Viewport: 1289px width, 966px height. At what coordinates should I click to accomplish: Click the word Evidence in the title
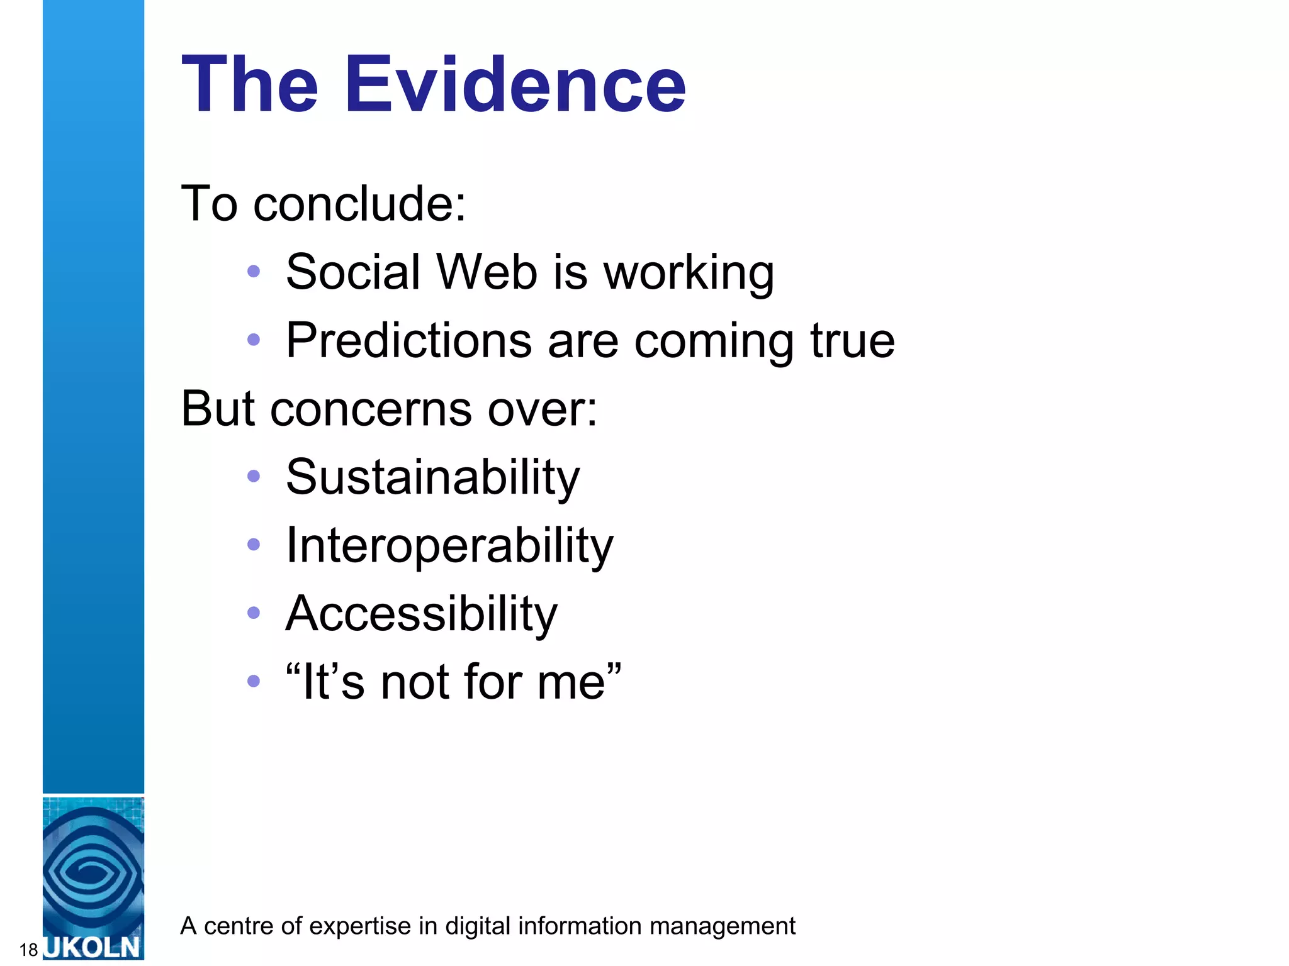[515, 84]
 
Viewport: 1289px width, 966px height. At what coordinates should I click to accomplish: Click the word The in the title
[250, 84]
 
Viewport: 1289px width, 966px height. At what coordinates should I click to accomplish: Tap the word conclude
[359, 204]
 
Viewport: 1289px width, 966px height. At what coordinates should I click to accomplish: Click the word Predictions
[409, 340]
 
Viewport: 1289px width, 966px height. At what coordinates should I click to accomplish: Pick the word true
[852, 340]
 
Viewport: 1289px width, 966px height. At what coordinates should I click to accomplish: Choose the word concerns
[371, 409]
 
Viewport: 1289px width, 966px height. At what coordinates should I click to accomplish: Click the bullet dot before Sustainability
[254, 476]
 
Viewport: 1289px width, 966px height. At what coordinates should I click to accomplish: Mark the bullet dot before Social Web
[254, 271]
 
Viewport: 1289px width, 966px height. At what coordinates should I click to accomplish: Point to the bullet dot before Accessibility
[254, 613]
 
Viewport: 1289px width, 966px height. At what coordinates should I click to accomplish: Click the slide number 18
[29, 950]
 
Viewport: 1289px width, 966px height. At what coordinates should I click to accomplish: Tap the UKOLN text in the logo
[93, 947]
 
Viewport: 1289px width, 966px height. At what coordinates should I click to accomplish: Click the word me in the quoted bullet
[570, 682]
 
